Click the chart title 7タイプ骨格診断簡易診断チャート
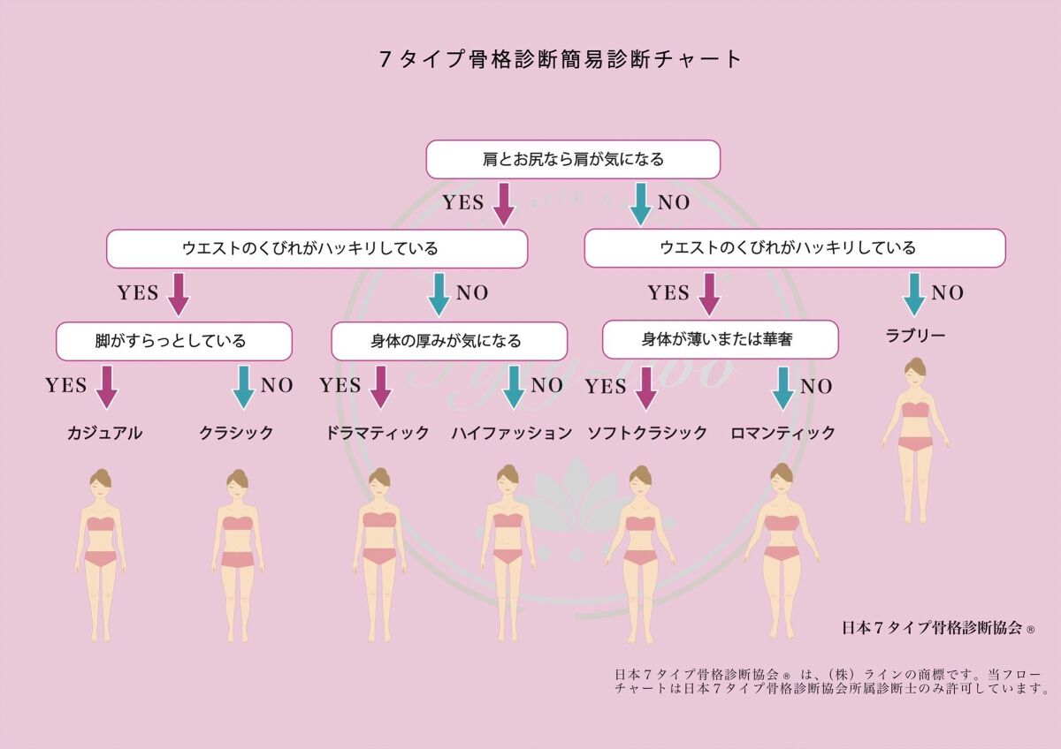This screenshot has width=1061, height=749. [x=561, y=59]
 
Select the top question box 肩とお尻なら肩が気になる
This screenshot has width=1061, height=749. [x=573, y=160]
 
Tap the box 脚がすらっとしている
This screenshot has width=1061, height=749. [x=173, y=340]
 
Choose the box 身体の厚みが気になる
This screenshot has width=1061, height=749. [x=448, y=340]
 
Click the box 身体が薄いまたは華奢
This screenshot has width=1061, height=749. [x=720, y=338]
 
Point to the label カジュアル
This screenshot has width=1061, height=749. [x=104, y=433]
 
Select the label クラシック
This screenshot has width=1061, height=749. [x=236, y=433]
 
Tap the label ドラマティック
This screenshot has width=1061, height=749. [x=378, y=433]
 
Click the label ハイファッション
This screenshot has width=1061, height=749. [x=512, y=433]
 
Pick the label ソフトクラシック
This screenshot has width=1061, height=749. [x=648, y=433]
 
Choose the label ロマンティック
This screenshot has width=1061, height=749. [x=783, y=433]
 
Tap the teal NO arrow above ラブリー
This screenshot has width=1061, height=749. [x=914, y=294]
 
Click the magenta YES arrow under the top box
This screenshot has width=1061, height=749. [x=503, y=203]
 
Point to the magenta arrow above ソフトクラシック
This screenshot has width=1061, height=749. [x=646, y=388]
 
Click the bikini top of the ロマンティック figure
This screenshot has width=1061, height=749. [x=782, y=523]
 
